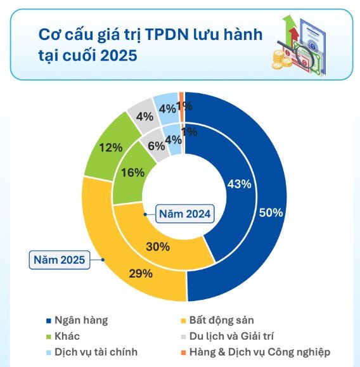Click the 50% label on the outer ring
tap(271, 213)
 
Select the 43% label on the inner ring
tap(239, 184)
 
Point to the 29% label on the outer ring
tap(139, 274)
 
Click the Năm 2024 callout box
tap(184, 213)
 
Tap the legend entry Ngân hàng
tap(80, 320)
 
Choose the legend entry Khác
tap(68, 336)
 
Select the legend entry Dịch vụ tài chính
tap(95, 352)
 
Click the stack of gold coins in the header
tap(278, 60)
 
